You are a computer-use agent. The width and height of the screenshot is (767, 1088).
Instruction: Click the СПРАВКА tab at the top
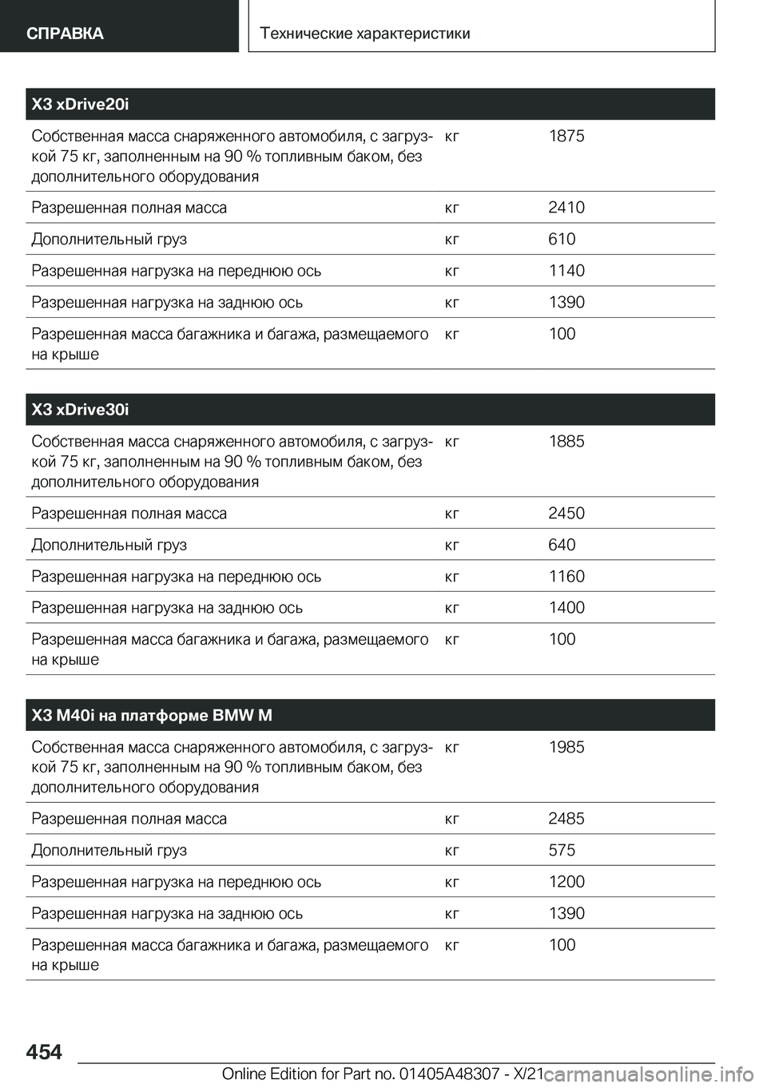coord(65,33)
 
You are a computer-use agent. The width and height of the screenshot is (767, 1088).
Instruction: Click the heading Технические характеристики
coord(366,34)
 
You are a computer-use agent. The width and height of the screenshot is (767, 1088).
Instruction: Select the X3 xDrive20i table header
coord(81,104)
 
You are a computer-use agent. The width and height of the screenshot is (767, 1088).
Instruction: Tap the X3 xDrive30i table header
coord(81,410)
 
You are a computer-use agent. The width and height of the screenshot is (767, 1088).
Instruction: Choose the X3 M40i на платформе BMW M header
coord(152,715)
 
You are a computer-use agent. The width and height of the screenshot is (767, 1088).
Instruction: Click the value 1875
coord(566,136)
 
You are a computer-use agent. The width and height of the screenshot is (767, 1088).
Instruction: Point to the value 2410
coord(566,208)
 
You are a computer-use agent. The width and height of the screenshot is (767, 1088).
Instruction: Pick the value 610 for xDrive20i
coord(562,239)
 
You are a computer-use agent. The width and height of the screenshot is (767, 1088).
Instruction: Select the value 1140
coord(566,271)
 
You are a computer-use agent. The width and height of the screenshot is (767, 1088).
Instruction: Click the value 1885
coord(566,441)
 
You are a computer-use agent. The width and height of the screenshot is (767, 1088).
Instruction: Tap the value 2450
coord(566,513)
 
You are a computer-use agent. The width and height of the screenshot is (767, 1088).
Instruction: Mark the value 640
coord(562,545)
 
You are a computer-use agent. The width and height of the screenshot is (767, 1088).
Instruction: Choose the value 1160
coord(566,576)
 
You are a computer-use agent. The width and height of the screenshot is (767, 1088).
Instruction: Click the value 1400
coord(566,608)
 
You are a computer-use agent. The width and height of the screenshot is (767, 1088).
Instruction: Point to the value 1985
coord(566,747)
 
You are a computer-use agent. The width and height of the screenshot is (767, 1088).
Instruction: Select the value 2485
coord(566,819)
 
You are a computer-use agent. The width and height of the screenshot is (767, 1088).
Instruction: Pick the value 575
coord(562,850)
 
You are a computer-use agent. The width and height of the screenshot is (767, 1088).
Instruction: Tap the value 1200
coord(566,882)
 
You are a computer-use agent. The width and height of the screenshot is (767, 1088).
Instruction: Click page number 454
coord(44,1052)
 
